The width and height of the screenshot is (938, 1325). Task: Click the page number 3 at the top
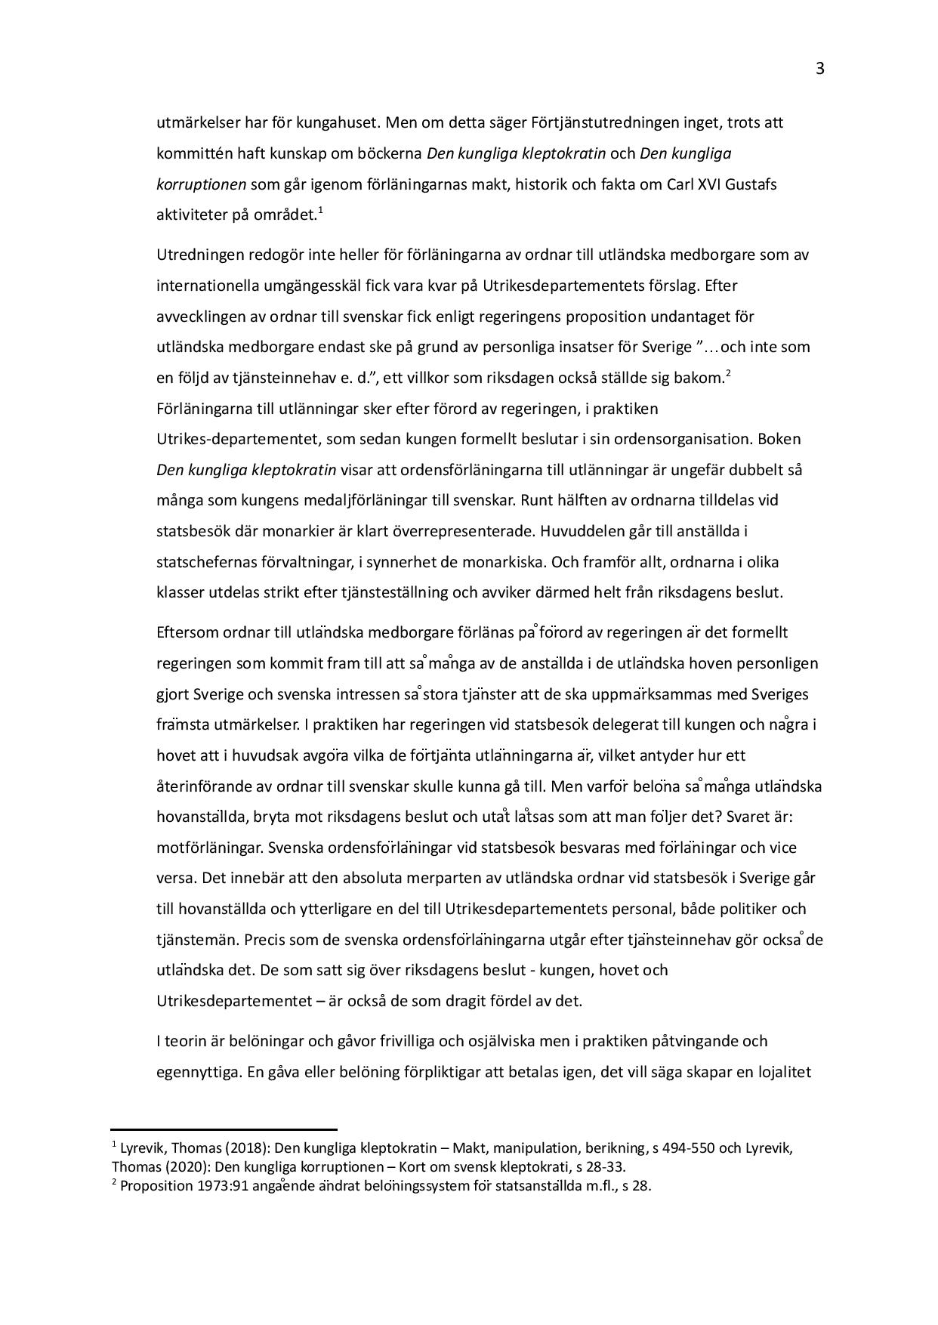pos(819,69)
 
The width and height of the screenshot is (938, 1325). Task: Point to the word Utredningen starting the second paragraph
pos(196,255)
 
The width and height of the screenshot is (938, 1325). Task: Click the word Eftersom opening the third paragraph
pos(187,632)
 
